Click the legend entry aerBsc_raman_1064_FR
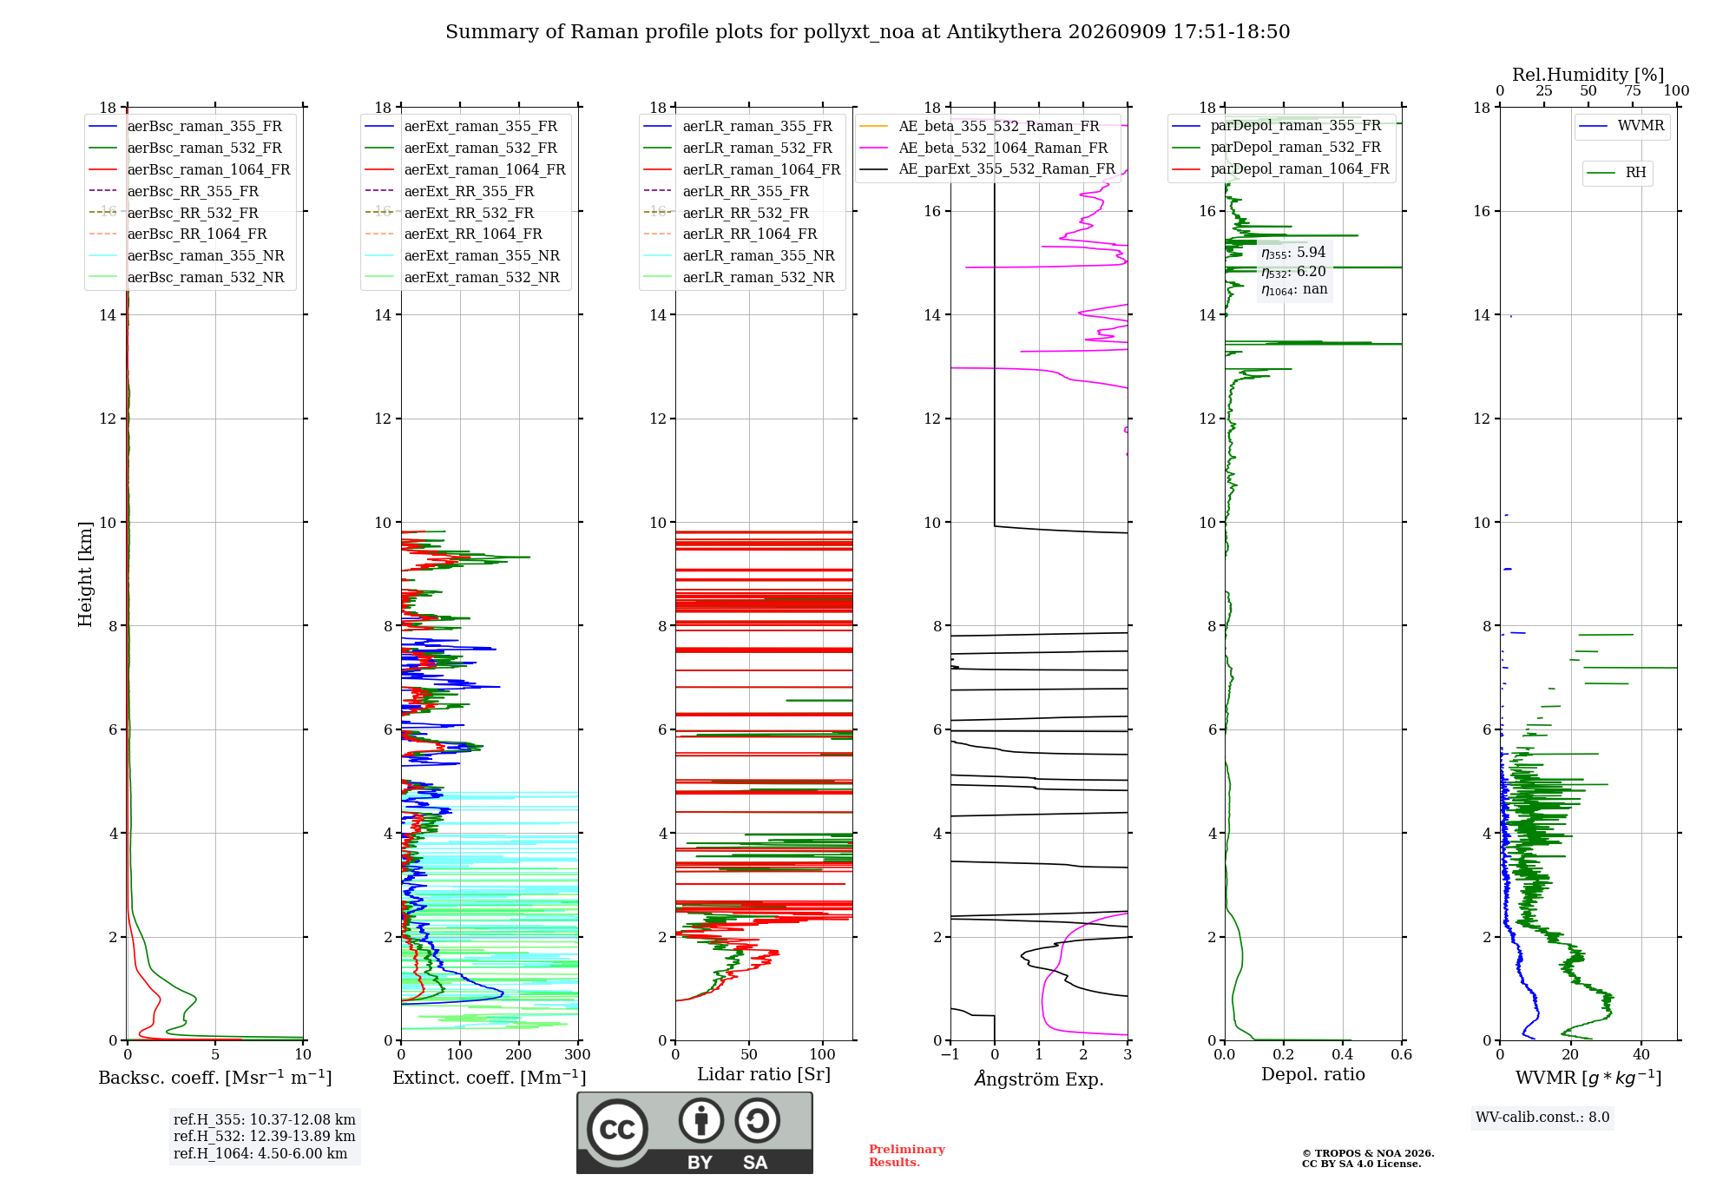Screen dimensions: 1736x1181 (189, 169)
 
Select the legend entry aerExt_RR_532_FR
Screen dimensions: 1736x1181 (450, 213)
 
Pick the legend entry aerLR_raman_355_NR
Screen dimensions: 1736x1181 (739, 255)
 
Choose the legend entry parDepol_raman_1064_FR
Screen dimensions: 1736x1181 (1280, 168)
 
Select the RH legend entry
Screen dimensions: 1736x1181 (1616, 173)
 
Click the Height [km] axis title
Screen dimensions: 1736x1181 (85, 574)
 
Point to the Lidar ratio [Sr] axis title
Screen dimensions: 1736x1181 (764, 1074)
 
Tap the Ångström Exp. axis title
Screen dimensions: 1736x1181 (1039, 1079)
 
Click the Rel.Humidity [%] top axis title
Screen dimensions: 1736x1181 (1588, 75)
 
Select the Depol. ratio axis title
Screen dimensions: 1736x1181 (1313, 1074)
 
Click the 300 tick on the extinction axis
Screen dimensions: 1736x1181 (577, 1054)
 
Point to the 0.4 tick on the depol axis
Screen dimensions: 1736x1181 (1343, 1054)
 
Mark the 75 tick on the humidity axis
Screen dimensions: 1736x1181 (1633, 90)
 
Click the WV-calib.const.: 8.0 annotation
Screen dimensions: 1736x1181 (1542, 1117)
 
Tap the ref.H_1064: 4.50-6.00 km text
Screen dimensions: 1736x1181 (260, 1153)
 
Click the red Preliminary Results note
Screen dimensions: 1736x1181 (907, 1156)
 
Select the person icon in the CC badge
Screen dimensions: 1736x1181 (701, 1120)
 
